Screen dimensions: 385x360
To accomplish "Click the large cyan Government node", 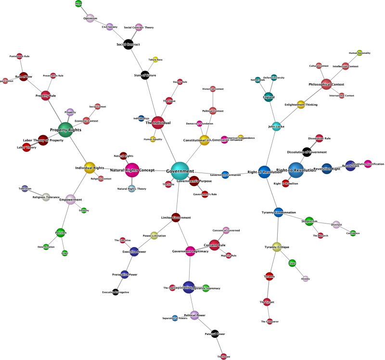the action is pyautogui.click(x=180, y=171).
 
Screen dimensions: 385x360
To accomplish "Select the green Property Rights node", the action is pyautogui.click(x=65, y=130).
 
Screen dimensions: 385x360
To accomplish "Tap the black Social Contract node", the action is pyautogui.click(x=128, y=45).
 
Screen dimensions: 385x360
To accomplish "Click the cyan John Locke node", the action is pyautogui.click(x=277, y=126).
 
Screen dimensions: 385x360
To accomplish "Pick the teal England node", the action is pyautogui.click(x=269, y=97).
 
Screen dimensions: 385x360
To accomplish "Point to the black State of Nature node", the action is pyautogui.click(x=145, y=75).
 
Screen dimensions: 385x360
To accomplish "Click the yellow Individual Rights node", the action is pyautogui.click(x=90, y=168).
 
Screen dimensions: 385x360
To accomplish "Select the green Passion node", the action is pyautogui.click(x=61, y=233).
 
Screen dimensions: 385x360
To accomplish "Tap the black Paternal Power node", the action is pyautogui.click(x=215, y=334).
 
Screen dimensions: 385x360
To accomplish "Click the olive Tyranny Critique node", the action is pyautogui.click(x=276, y=247).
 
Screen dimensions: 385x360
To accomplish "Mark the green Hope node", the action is pyautogui.click(x=78, y=4).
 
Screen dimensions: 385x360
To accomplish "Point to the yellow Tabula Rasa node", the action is pyautogui.click(x=155, y=60).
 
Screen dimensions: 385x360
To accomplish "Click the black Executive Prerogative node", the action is pyautogui.click(x=115, y=292).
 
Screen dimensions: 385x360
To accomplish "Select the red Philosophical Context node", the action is pyautogui.click(x=326, y=85).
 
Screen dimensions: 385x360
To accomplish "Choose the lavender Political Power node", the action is pyautogui.click(x=194, y=315).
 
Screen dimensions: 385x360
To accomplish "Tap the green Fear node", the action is pyautogui.click(x=292, y=263).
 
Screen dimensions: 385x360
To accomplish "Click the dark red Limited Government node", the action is pyautogui.click(x=176, y=217).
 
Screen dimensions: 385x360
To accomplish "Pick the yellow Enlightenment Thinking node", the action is pyautogui.click(x=301, y=104).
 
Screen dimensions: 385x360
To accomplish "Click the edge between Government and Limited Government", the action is pyautogui.click(x=178, y=195).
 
